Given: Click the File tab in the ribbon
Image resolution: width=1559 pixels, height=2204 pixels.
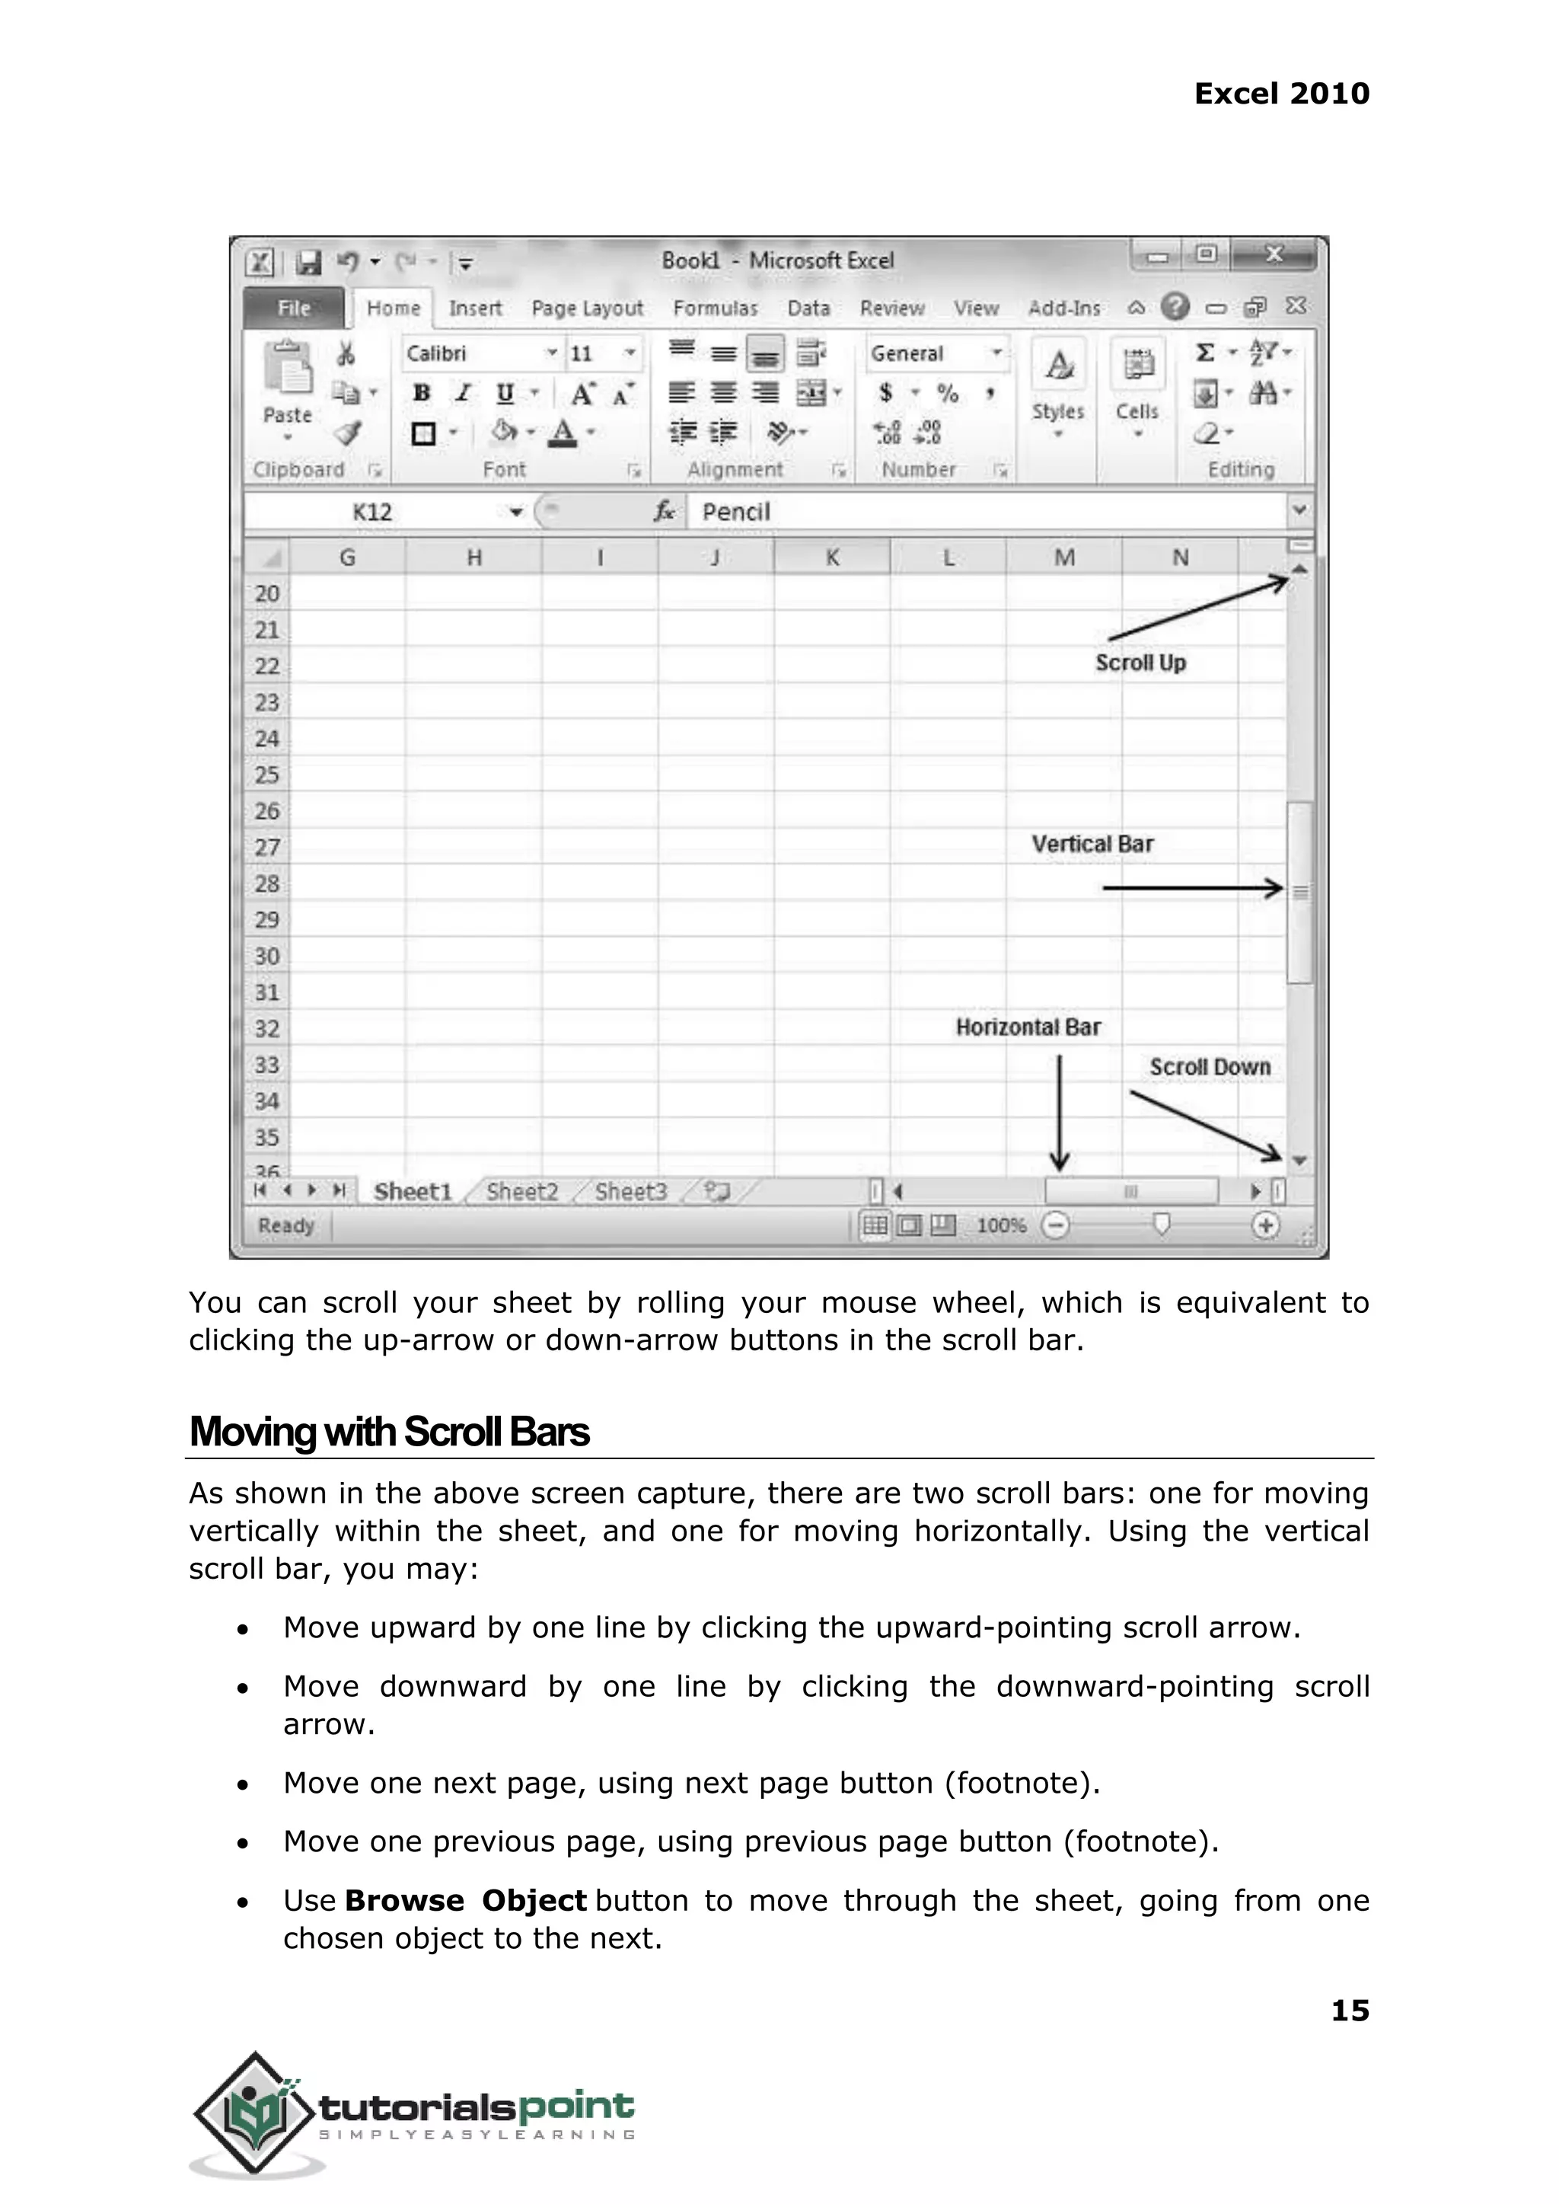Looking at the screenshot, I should point(294,308).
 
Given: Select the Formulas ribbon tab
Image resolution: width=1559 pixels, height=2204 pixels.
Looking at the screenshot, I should point(716,308).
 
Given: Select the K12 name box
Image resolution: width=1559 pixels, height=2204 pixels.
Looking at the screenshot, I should point(372,512).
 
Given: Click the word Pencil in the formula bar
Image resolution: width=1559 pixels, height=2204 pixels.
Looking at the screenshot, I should point(735,512).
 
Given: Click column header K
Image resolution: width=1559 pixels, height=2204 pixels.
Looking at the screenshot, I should point(831,557).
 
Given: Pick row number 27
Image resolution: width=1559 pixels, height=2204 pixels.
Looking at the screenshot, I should point(267,847).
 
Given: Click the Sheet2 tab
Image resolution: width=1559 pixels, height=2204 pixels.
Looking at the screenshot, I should point(521,1192).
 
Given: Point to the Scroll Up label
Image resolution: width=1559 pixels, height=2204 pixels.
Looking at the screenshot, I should point(1140,663).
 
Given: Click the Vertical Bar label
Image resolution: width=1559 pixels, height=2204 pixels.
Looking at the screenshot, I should point(1092,844).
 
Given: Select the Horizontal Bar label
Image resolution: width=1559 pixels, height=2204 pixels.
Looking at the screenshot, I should point(1028,1027).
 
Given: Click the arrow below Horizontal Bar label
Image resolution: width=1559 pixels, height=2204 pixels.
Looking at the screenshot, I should point(1059,1114).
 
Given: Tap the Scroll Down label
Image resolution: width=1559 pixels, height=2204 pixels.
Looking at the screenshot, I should point(1210,1067).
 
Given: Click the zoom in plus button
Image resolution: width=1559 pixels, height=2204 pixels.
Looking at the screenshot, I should point(1266,1225).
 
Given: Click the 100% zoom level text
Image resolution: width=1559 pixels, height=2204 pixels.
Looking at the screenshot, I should point(1001,1225).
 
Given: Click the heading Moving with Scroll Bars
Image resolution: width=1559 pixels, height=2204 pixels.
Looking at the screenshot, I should point(389,1432).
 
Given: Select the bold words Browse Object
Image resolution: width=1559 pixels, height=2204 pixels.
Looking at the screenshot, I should point(466,1901).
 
